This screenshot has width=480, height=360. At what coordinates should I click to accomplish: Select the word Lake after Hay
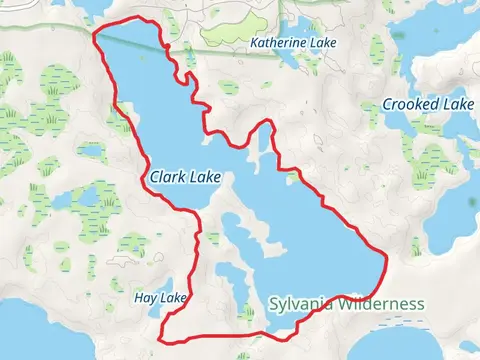click(x=173, y=299)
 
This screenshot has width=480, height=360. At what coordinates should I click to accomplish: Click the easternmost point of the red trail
click(x=386, y=257)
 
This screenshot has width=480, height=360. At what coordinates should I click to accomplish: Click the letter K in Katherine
click(x=254, y=44)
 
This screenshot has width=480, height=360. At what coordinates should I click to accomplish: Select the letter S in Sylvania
click(x=273, y=303)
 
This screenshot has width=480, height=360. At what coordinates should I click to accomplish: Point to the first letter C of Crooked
click(x=388, y=105)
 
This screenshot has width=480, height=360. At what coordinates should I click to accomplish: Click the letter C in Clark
click(x=154, y=177)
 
